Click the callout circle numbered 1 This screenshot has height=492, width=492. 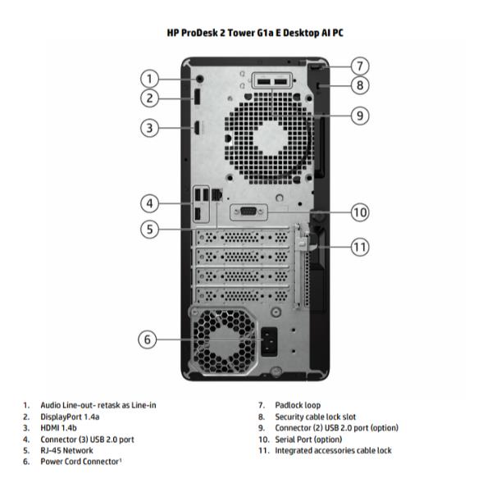click(x=148, y=79)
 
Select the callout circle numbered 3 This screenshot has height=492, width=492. click(x=148, y=127)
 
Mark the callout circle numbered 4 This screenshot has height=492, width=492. click(x=148, y=203)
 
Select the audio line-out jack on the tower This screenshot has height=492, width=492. click(x=200, y=80)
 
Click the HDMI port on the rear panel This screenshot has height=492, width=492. click(x=198, y=127)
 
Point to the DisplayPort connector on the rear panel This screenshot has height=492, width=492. click(x=198, y=98)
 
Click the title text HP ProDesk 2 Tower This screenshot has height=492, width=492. click(x=246, y=33)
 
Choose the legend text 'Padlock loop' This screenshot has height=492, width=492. click(x=298, y=405)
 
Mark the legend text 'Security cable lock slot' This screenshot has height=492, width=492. click(x=316, y=417)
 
